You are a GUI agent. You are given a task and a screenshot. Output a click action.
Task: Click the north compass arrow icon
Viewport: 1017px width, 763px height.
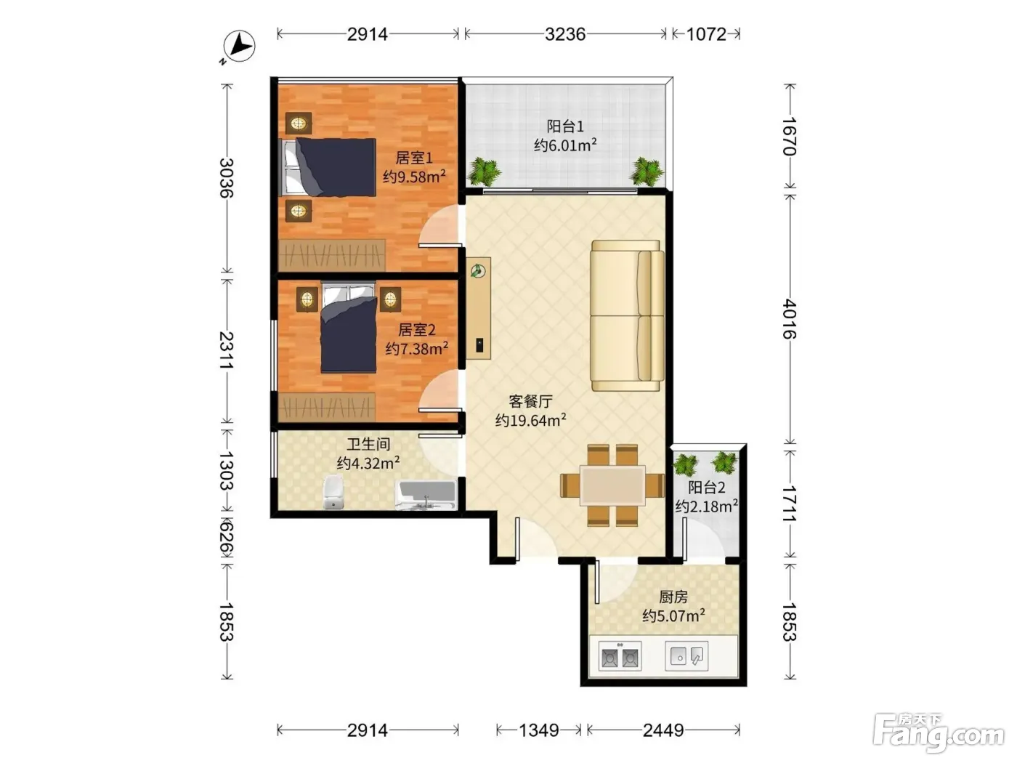pyautogui.click(x=239, y=46)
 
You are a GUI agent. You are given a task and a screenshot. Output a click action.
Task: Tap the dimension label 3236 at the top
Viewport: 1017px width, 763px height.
pyautogui.click(x=564, y=34)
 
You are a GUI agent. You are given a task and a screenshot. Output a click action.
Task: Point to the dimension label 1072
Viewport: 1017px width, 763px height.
pyautogui.click(x=705, y=34)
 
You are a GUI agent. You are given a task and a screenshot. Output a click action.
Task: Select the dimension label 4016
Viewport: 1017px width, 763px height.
pyautogui.click(x=790, y=319)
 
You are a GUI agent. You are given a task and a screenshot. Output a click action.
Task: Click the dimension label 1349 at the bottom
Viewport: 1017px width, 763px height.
pyautogui.click(x=538, y=730)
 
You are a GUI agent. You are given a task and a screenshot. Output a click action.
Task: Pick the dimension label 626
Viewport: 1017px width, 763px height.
pyautogui.click(x=226, y=538)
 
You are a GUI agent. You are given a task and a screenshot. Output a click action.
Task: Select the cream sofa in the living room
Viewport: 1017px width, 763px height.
pyautogui.click(x=628, y=315)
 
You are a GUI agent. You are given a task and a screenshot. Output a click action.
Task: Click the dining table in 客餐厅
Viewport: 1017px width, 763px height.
pyautogui.click(x=612, y=485)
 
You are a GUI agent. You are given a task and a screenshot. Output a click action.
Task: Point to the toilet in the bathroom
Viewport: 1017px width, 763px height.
pyautogui.click(x=333, y=492)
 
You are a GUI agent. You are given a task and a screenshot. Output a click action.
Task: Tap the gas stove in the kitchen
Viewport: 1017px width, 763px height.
pyautogui.click(x=620, y=656)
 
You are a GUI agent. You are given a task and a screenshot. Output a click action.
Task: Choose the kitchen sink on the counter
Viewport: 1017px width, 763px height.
pyautogui.click(x=686, y=655)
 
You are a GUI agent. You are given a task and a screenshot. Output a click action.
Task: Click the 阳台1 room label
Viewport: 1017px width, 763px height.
pyautogui.click(x=564, y=126)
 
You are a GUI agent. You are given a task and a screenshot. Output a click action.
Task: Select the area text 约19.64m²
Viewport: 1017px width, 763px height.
pyautogui.click(x=530, y=420)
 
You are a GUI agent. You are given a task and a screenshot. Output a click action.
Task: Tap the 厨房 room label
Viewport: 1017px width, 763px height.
pyautogui.click(x=673, y=597)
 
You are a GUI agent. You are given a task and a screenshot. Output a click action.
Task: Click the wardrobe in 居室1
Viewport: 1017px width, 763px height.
pyautogui.click(x=332, y=255)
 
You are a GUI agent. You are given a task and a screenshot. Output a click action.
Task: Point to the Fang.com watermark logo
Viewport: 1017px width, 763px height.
pyautogui.click(x=939, y=733)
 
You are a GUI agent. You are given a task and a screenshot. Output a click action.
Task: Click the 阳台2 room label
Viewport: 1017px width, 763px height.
pyautogui.click(x=707, y=488)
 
